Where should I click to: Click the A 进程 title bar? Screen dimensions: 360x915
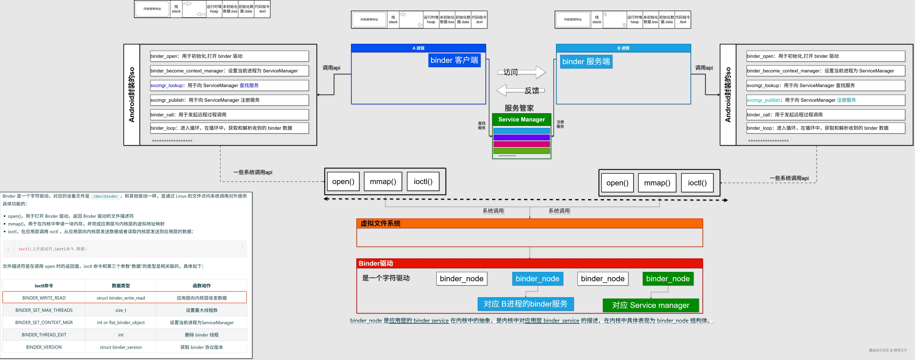418,48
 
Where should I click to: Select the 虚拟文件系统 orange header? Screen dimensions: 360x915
529,223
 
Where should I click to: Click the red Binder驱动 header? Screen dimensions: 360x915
529,263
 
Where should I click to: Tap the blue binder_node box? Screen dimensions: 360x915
537,279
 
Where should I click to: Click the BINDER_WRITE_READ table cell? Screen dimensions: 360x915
44,298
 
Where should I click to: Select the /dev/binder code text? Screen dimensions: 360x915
106,196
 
